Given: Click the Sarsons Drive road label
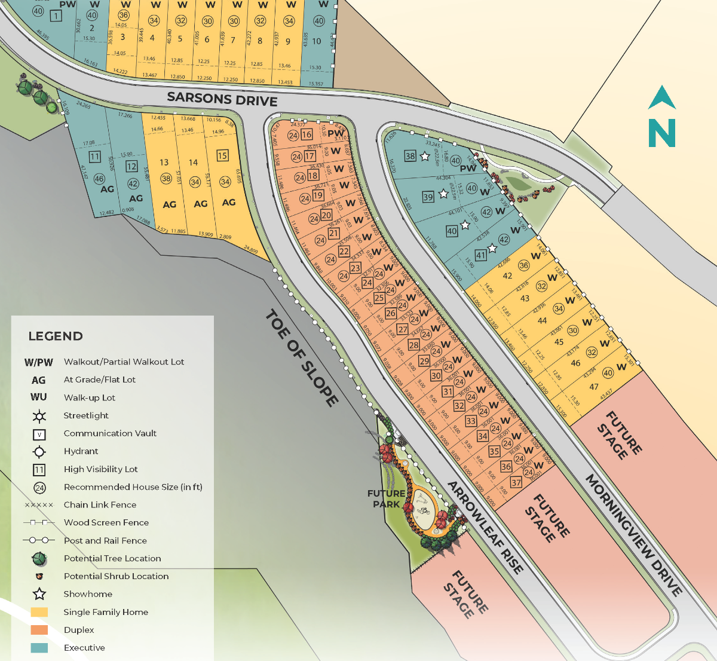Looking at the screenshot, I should tap(222, 99).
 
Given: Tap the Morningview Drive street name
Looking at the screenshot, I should tap(633, 535).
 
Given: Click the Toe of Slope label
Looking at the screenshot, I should tap(302, 357).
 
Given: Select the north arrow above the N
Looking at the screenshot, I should tap(662, 97).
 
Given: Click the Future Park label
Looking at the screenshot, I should tap(386, 498).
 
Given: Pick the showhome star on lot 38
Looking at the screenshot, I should tap(425, 157).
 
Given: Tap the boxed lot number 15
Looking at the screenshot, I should tap(222, 156).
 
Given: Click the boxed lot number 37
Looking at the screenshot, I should tap(516, 483).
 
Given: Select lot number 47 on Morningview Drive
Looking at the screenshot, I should tap(593, 387).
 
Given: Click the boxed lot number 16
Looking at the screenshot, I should tap(307, 134).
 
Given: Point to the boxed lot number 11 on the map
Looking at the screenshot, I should tap(94, 157).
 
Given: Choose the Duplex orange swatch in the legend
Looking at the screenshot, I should tap(39, 630).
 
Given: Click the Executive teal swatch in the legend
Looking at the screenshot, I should tap(39, 648).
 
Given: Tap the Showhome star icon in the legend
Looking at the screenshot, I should tap(39, 594).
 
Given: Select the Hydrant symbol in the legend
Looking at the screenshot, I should tap(39, 451).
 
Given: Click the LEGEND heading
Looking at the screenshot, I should tap(56, 336).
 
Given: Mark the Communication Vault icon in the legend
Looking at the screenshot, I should tap(39, 434).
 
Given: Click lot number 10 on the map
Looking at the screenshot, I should tap(317, 41).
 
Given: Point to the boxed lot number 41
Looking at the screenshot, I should tap(480, 255).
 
